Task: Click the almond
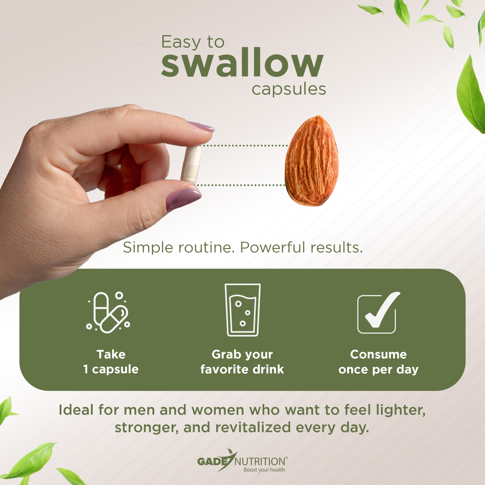312,161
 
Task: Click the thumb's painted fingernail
183,199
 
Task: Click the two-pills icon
108,312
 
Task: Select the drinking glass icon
242,310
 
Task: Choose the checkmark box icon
378,313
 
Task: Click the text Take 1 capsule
111,362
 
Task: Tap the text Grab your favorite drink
242,362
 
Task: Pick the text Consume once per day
379,362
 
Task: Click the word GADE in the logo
213,461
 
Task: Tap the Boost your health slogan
264,470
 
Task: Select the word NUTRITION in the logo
260,462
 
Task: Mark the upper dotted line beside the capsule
245,145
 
